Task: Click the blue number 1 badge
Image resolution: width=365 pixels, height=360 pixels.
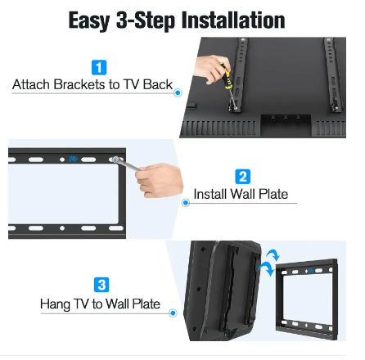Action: point(99,67)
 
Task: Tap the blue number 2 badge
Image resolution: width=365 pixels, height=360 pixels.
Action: point(242,177)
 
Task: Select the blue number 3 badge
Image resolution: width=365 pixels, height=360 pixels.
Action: point(101,285)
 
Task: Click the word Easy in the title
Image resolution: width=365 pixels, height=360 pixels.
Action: point(89,20)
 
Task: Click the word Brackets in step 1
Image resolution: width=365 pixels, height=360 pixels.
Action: point(79,84)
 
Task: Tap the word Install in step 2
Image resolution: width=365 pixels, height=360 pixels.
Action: point(210,194)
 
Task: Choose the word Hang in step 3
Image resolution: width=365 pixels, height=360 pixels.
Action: point(55,304)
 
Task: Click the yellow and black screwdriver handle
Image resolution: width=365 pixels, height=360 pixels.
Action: point(226,76)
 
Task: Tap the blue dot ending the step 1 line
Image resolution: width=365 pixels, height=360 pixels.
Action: point(178,92)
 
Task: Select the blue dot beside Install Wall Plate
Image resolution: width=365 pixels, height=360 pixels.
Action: point(186,203)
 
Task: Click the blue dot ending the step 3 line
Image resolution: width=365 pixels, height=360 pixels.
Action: point(173,313)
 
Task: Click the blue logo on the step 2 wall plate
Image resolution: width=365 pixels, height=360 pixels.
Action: point(73,159)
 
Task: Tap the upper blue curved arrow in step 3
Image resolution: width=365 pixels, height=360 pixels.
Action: point(273,254)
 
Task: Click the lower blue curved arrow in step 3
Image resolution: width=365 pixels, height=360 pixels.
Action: point(267,268)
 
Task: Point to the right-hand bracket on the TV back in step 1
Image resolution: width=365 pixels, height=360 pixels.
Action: point(332,74)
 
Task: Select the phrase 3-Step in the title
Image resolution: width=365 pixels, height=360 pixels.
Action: point(146,20)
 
